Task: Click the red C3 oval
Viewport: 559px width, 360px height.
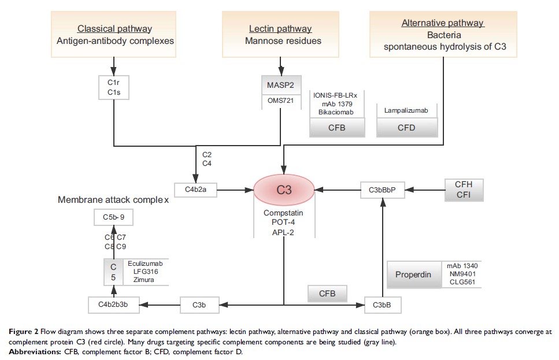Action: coord(284,189)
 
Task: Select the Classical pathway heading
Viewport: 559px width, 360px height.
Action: coord(114,28)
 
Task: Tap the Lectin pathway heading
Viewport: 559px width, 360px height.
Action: coord(280,28)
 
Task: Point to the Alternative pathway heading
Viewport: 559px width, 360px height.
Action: coord(443,23)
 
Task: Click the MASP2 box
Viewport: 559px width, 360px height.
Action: coord(280,86)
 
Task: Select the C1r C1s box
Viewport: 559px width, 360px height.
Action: coord(114,87)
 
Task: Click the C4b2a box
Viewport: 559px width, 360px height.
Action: coord(195,189)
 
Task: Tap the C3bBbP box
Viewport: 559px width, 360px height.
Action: coord(382,189)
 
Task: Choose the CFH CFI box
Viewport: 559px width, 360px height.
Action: coord(464,190)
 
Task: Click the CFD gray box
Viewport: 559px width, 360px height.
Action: coord(406,128)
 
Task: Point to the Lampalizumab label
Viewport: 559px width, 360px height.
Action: coord(406,110)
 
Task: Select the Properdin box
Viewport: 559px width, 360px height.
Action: coord(413,274)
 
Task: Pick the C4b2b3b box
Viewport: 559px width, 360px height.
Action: coord(113,303)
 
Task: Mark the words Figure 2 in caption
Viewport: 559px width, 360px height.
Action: coord(22,332)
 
